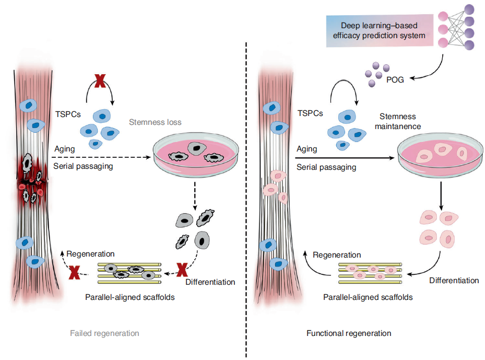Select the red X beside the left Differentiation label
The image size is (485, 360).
coord(182,270)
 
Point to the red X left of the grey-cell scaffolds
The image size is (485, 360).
coord(74,272)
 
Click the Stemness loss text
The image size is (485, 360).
coord(155,122)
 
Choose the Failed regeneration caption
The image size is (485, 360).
coord(104,333)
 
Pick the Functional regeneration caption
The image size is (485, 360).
coord(349,333)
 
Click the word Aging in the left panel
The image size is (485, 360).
coord(65,149)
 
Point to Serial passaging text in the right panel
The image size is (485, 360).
coord(326,168)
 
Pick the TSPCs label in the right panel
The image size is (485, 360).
coord(310,113)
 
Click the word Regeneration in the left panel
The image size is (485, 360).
coord(91,254)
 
